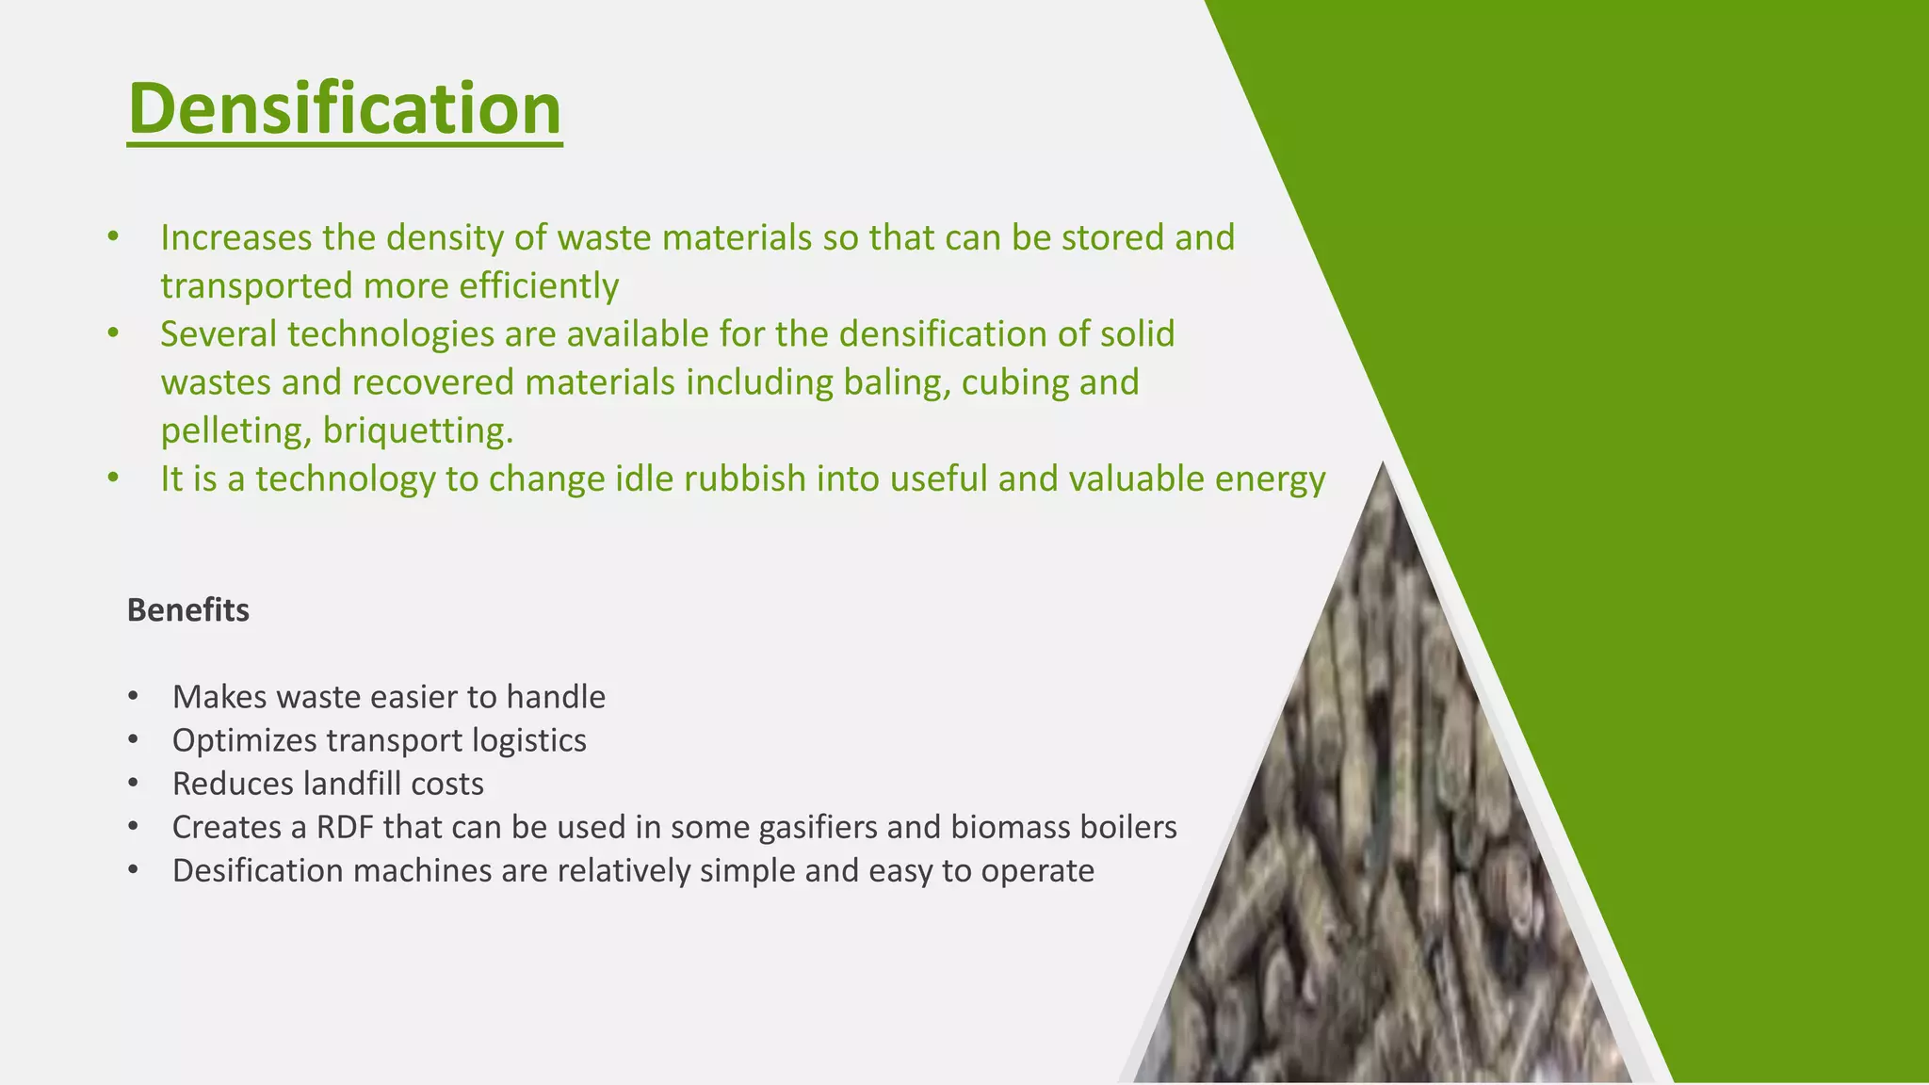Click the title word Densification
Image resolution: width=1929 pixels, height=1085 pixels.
(345, 108)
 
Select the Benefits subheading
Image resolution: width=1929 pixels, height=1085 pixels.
(187, 610)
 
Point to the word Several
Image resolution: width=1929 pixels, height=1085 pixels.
(219, 334)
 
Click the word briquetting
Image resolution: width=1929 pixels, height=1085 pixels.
(417, 431)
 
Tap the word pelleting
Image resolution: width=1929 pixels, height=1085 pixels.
(235, 431)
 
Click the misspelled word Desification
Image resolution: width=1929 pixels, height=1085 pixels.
(257, 870)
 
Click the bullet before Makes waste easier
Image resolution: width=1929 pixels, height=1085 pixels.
(134, 697)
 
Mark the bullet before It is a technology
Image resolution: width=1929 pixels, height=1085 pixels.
(113, 478)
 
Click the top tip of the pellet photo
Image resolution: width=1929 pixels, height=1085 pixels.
(1383, 467)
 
